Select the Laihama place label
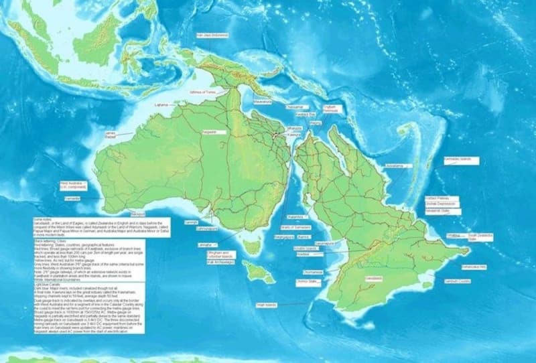click(161, 105)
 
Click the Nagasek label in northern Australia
click(210, 132)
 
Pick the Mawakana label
click(263, 102)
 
